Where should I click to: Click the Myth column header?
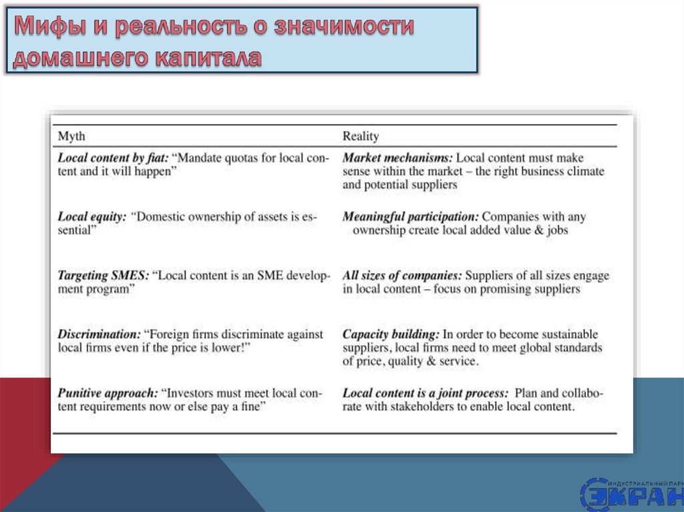[71, 136]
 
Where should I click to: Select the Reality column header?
[361, 136]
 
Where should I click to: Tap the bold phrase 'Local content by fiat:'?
[113, 158]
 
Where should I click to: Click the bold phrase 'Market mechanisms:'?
[397, 158]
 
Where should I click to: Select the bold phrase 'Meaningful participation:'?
[411, 217]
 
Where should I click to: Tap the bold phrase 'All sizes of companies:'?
[402, 276]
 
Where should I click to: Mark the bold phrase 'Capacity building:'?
[391, 334]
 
